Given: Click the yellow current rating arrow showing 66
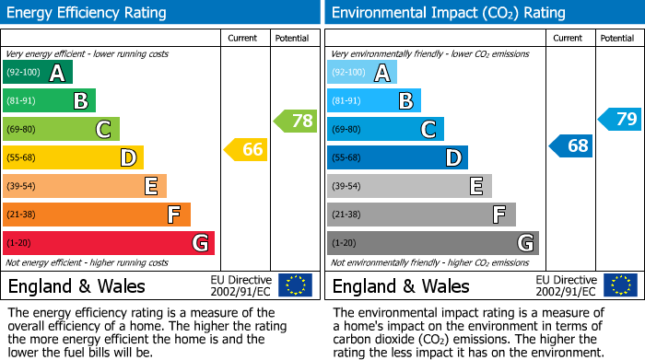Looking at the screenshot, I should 246,149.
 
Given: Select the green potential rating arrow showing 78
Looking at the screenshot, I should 296,121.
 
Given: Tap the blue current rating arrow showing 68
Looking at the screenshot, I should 571,145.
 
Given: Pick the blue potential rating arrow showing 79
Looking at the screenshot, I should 620,119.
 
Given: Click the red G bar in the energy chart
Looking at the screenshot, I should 109,243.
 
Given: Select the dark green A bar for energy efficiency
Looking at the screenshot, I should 38,73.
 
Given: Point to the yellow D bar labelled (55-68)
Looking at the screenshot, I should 73,158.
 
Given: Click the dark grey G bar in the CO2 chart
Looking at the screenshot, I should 432,243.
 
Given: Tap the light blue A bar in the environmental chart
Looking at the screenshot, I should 362,73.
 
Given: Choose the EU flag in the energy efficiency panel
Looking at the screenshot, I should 295,285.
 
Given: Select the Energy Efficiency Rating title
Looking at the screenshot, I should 88,13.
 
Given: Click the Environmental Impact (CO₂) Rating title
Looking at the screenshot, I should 448,13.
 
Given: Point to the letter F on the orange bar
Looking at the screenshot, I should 173,215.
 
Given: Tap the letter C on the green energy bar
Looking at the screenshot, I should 103,130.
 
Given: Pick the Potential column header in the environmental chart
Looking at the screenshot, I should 617,38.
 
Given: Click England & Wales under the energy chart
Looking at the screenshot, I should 76,285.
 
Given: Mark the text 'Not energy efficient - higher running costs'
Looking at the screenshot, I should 88,262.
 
